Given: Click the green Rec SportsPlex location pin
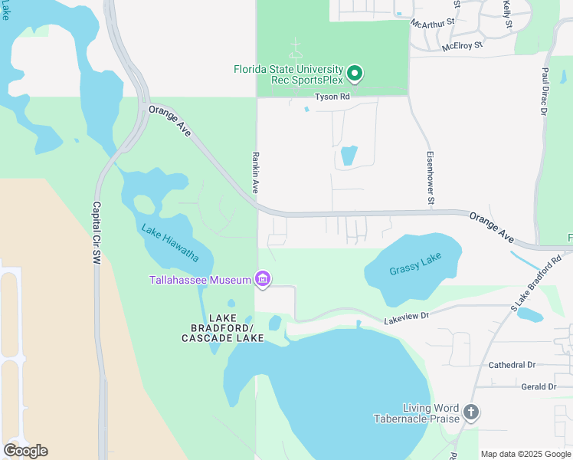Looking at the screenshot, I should (355, 74).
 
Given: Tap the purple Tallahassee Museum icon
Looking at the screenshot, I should (263, 280).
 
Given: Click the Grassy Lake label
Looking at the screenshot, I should (415, 270).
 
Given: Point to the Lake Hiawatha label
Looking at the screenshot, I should (170, 242).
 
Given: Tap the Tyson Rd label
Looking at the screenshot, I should (332, 97).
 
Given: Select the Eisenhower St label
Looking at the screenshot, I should (431, 177).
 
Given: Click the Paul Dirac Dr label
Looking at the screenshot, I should (545, 91).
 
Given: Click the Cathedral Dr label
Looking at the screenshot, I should (512, 365).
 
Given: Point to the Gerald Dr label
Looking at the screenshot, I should (538, 387).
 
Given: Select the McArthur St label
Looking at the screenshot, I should (433, 24).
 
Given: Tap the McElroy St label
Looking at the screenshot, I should (463, 46).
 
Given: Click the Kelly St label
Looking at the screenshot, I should (507, 15).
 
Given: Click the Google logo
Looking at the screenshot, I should (25, 450).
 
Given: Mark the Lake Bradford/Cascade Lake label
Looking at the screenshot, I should (222, 328).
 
